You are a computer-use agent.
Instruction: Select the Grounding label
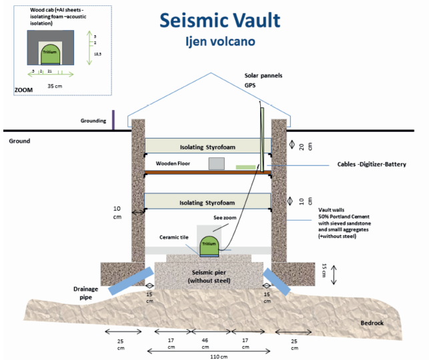92,121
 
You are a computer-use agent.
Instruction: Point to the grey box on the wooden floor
216,164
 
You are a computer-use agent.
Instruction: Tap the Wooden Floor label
173,163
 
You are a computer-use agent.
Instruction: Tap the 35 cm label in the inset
54,86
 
